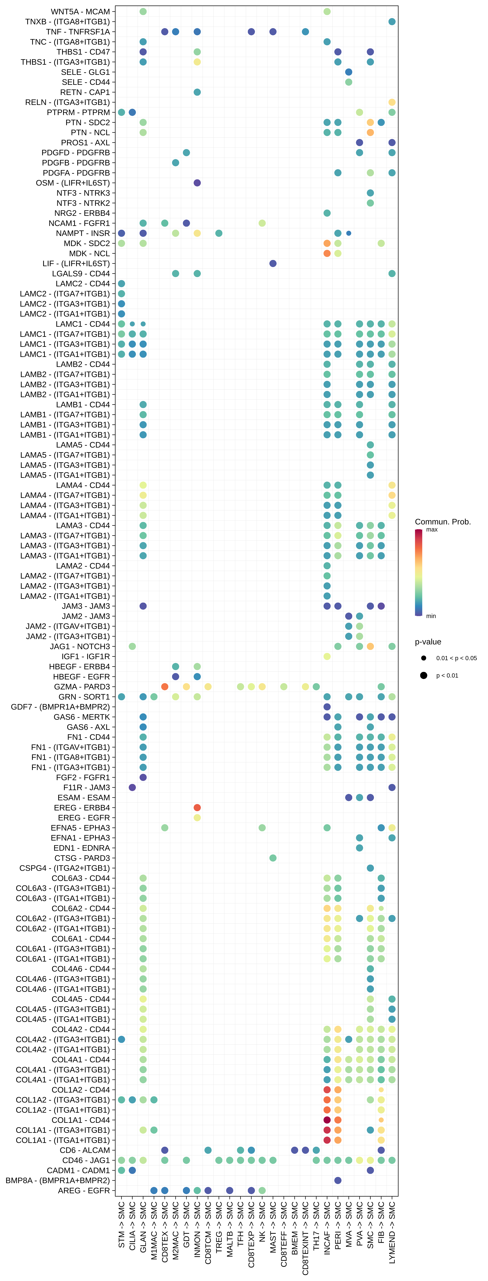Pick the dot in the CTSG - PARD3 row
pyautogui.click(x=273, y=858)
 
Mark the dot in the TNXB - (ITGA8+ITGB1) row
pyautogui.click(x=392, y=21)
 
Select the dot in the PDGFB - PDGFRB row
pyautogui.click(x=175, y=163)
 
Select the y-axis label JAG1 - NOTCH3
pyautogui.click(x=80, y=646)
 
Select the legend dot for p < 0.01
pyautogui.click(x=423, y=675)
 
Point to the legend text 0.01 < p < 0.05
pyautogui.click(x=456, y=658)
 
